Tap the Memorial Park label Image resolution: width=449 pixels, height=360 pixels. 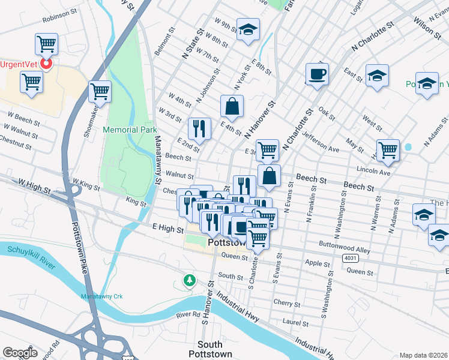point(130,130)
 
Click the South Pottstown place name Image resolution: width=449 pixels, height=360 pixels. point(210,349)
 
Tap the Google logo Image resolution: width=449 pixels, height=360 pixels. point(20,352)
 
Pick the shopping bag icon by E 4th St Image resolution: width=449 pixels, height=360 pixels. point(232,107)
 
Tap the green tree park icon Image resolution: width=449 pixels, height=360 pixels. point(190,280)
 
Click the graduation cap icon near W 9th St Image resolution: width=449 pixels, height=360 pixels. point(247,29)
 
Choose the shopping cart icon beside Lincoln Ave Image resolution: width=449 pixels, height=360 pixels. point(388,150)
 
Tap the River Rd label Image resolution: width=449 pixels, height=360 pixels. point(187,315)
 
